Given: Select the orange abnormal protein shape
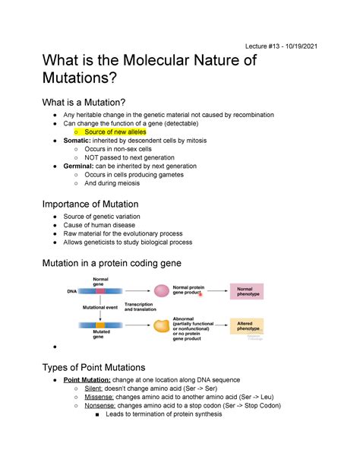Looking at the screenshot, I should click(161, 325).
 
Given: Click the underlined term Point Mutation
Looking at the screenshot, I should click(87, 379).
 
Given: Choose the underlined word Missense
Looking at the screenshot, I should click(99, 397).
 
